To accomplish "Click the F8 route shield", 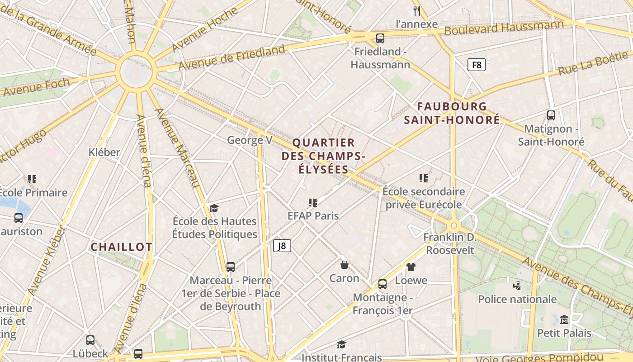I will point(477,65).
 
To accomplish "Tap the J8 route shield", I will point(282,246).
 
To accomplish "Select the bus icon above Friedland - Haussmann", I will point(380,38).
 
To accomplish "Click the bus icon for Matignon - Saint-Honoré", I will point(551,115).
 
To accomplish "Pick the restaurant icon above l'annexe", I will point(417,10).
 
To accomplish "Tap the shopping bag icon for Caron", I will point(345,265).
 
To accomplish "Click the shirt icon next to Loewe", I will point(411,267).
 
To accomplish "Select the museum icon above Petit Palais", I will point(564,320).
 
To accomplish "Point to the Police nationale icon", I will point(517,286).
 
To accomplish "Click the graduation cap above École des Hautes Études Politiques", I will point(214,208).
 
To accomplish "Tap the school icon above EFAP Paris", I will point(313,202).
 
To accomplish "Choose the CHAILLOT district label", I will point(122,247).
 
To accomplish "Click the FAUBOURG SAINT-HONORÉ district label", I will point(452,113).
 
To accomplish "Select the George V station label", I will point(250,140).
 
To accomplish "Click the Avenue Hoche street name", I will point(204,30).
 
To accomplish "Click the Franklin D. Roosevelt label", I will point(450,243).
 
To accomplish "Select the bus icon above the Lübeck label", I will point(90,340).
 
